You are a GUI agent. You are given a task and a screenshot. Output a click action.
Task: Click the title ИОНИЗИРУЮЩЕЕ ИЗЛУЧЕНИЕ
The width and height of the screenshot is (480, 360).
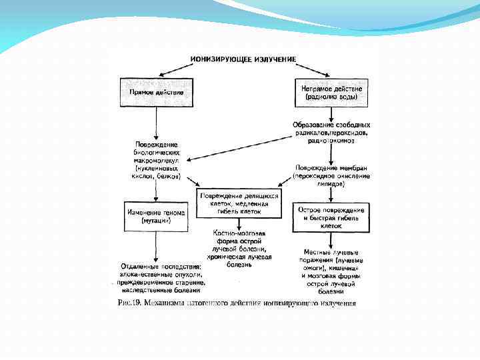click(243, 59)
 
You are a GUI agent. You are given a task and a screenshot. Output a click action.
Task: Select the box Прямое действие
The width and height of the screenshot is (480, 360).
click(157, 92)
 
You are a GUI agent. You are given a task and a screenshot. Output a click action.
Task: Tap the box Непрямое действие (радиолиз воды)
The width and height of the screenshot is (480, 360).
click(331, 92)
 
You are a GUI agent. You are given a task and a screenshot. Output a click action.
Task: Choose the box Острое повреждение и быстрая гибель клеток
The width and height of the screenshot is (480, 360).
click(331, 217)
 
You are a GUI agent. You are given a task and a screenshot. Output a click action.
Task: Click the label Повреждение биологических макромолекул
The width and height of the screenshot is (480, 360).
click(157, 159)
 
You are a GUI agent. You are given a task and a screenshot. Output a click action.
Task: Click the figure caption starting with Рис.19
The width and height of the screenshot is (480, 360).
click(237, 304)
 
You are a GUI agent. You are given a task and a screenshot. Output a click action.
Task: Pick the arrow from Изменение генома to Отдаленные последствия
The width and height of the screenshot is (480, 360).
click(157, 247)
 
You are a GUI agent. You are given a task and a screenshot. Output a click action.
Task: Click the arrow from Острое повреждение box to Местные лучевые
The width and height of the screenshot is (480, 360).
click(331, 240)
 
